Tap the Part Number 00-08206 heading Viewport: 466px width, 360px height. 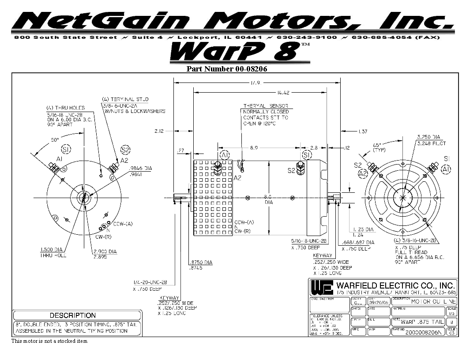(x=227, y=69)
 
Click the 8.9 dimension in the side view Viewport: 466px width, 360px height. (x=254, y=148)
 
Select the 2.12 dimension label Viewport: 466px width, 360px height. (x=159, y=131)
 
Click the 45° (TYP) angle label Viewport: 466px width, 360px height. (x=379, y=147)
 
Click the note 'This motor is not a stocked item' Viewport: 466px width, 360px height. (x=49, y=341)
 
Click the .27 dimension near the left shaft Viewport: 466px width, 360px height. (x=180, y=150)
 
